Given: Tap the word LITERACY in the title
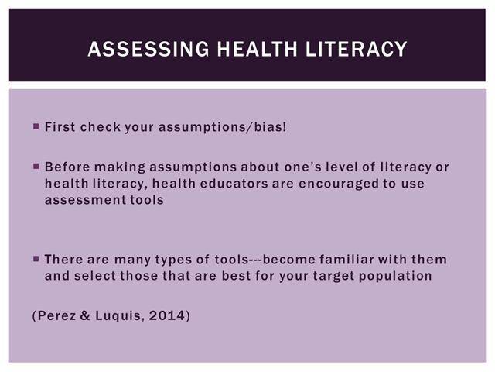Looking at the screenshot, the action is [356, 49].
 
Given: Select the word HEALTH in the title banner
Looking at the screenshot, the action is [257, 49].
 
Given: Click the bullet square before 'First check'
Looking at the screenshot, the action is [36, 126].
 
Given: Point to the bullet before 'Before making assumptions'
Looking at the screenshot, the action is [36, 166].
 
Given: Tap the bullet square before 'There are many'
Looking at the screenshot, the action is [36, 259].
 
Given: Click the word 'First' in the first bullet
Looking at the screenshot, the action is [60, 127].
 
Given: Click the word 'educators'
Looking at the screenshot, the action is [234, 184].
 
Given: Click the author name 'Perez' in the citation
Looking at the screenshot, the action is [56, 315].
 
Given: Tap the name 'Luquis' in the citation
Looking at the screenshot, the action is [118, 316].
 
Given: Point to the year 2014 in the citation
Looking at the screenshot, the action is [167, 315].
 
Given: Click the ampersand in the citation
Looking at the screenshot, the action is [85, 315].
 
